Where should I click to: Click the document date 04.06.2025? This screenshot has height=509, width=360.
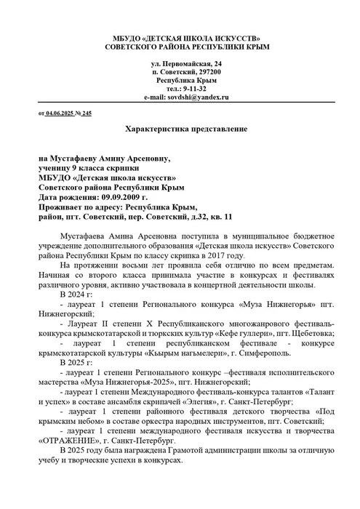coord(62,114)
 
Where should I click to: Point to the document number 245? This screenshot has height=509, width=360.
coord(87,114)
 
